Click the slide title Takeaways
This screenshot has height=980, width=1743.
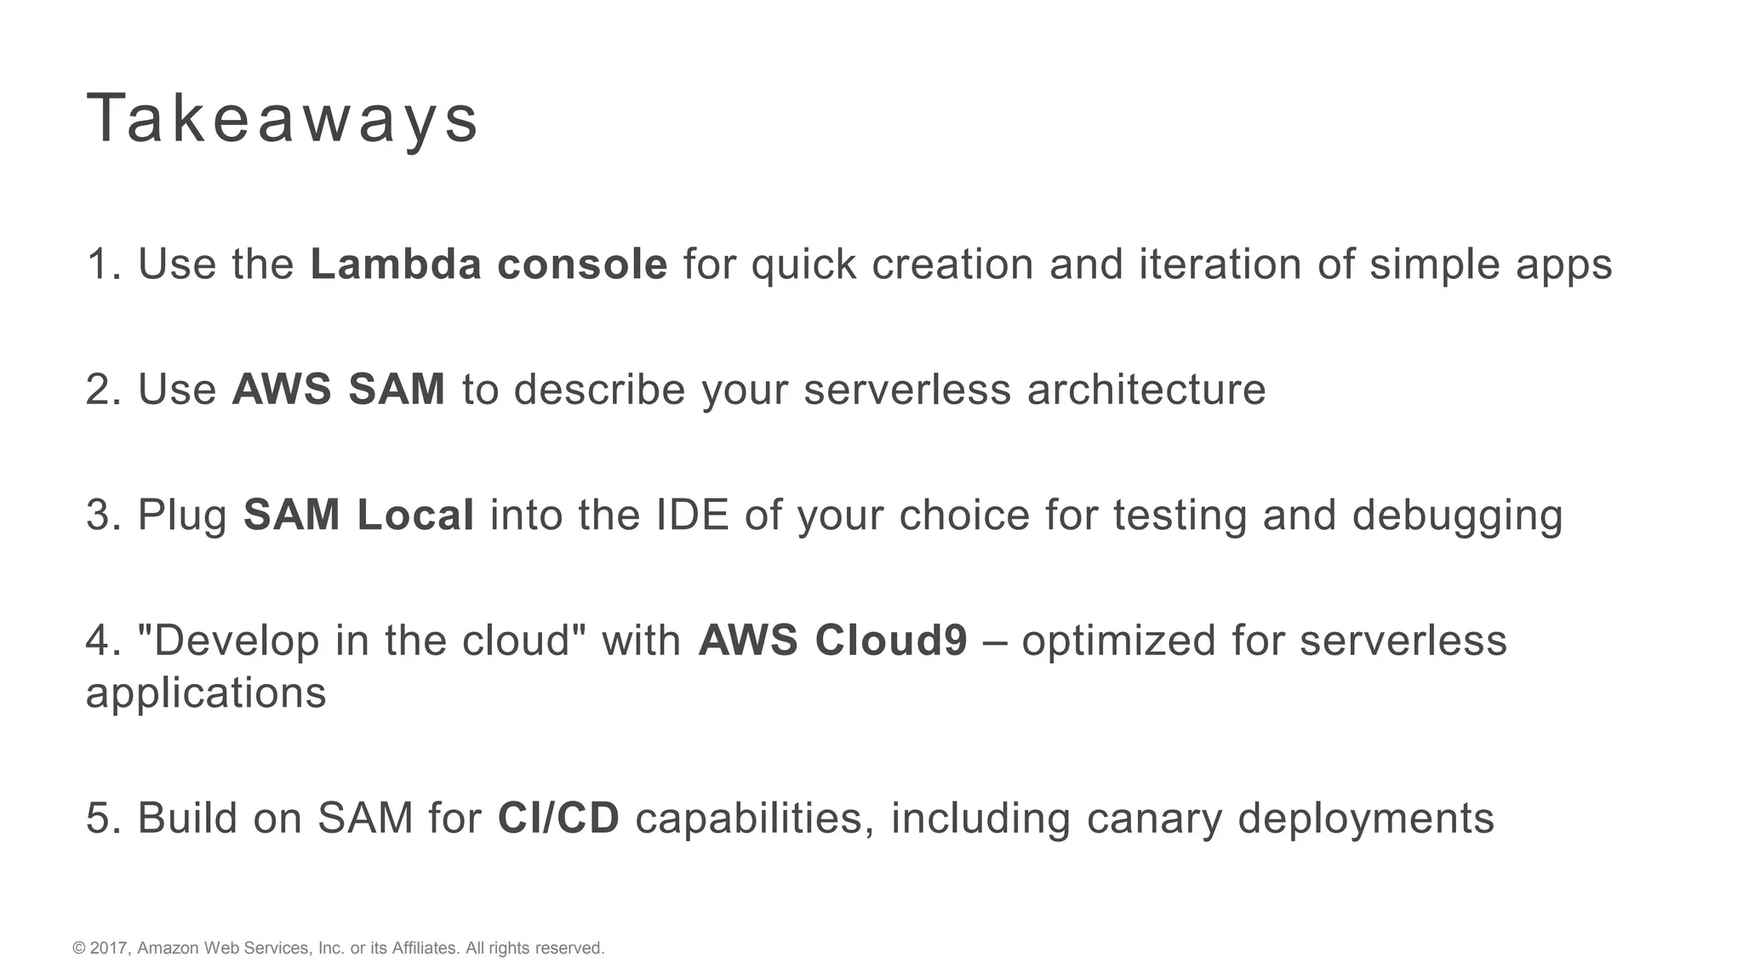pyautogui.click(x=283, y=119)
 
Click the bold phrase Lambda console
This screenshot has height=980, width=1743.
pyautogui.click(x=489, y=264)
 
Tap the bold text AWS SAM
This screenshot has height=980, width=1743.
pyautogui.click(x=339, y=390)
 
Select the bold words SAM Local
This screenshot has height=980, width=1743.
pyautogui.click(x=358, y=516)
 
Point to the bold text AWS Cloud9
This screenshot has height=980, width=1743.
pyautogui.click(x=832, y=641)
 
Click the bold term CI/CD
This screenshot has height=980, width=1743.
pyautogui.click(x=558, y=818)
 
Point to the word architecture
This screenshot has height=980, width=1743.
pyautogui.click(x=1146, y=390)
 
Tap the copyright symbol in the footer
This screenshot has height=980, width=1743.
pyautogui.click(x=79, y=949)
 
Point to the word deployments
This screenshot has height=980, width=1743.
pyautogui.click(x=1365, y=820)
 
